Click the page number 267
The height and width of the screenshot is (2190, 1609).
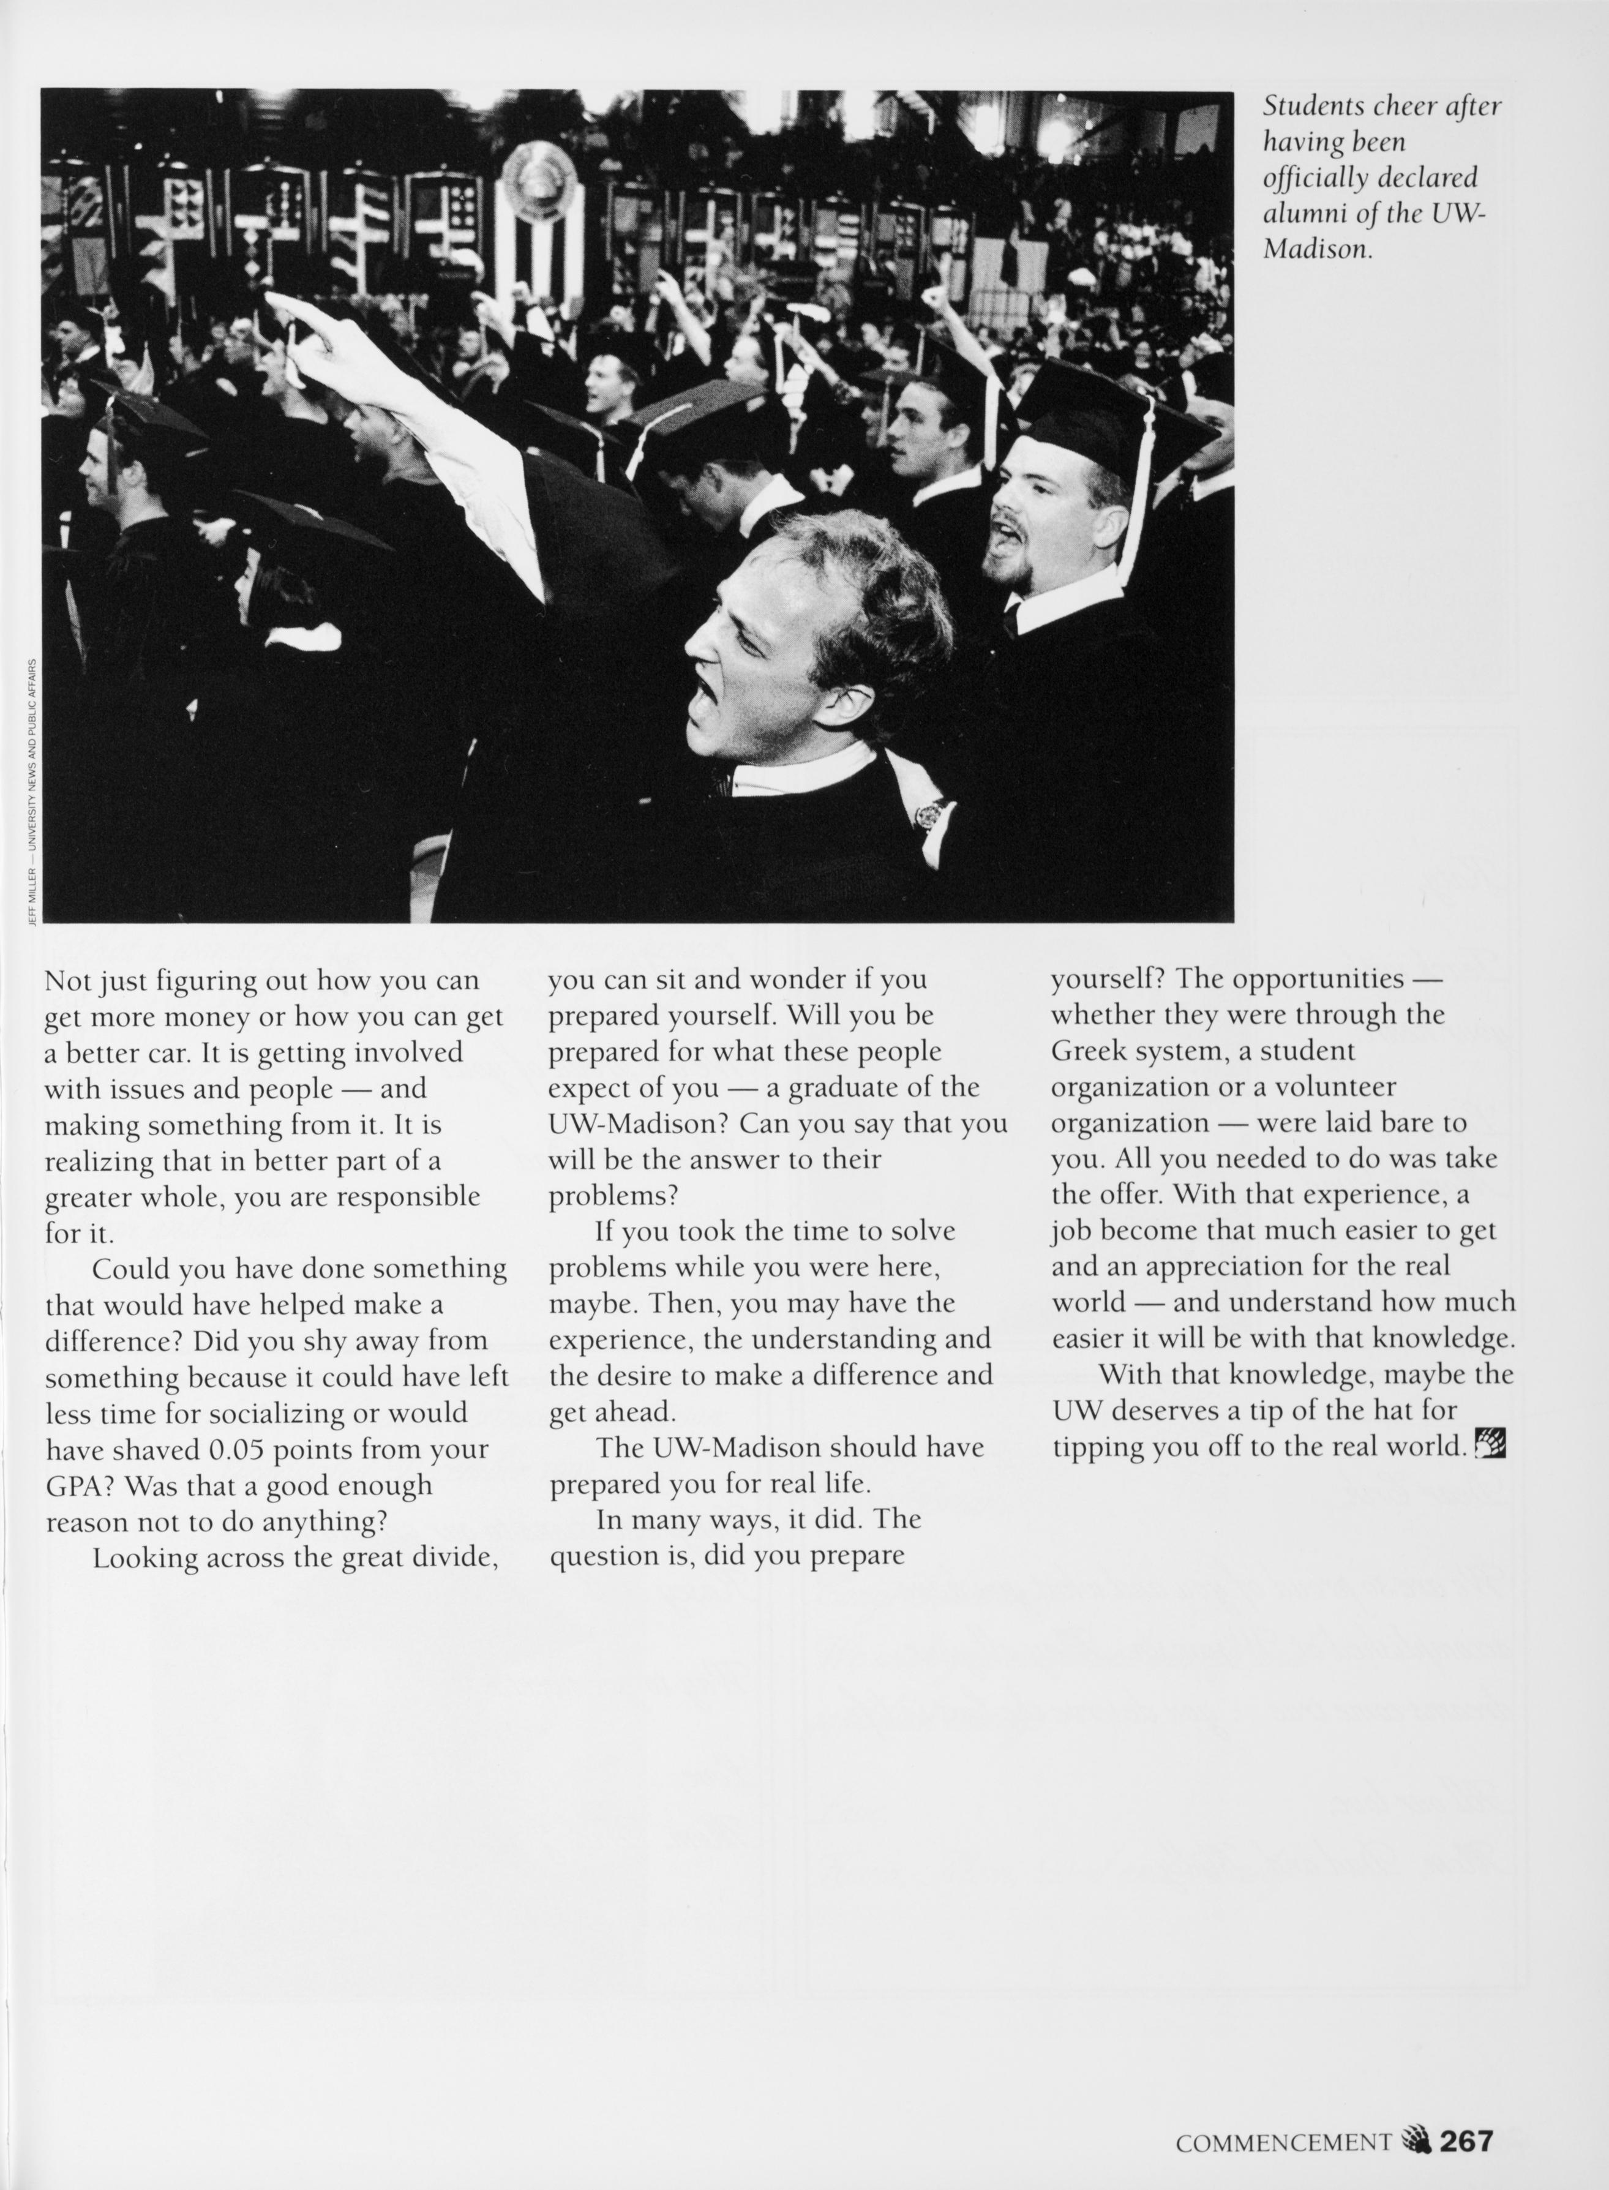coord(1466,2140)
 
